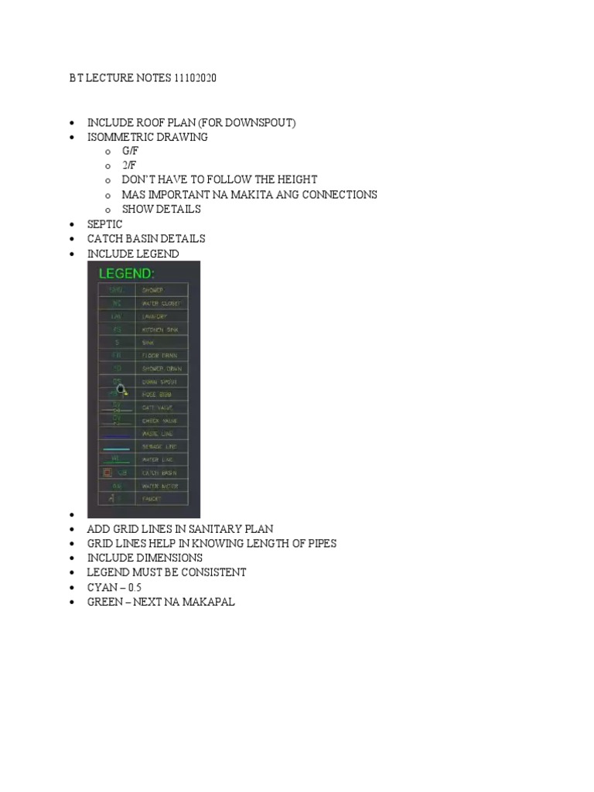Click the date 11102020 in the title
203,79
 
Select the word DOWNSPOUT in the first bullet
260,123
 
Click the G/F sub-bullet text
130,152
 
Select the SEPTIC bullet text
105,224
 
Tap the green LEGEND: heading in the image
126,273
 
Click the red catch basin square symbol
107,473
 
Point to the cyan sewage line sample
116,448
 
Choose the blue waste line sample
116,436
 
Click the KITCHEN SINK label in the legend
160,329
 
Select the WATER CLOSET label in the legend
160,304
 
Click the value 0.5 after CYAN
135,587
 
